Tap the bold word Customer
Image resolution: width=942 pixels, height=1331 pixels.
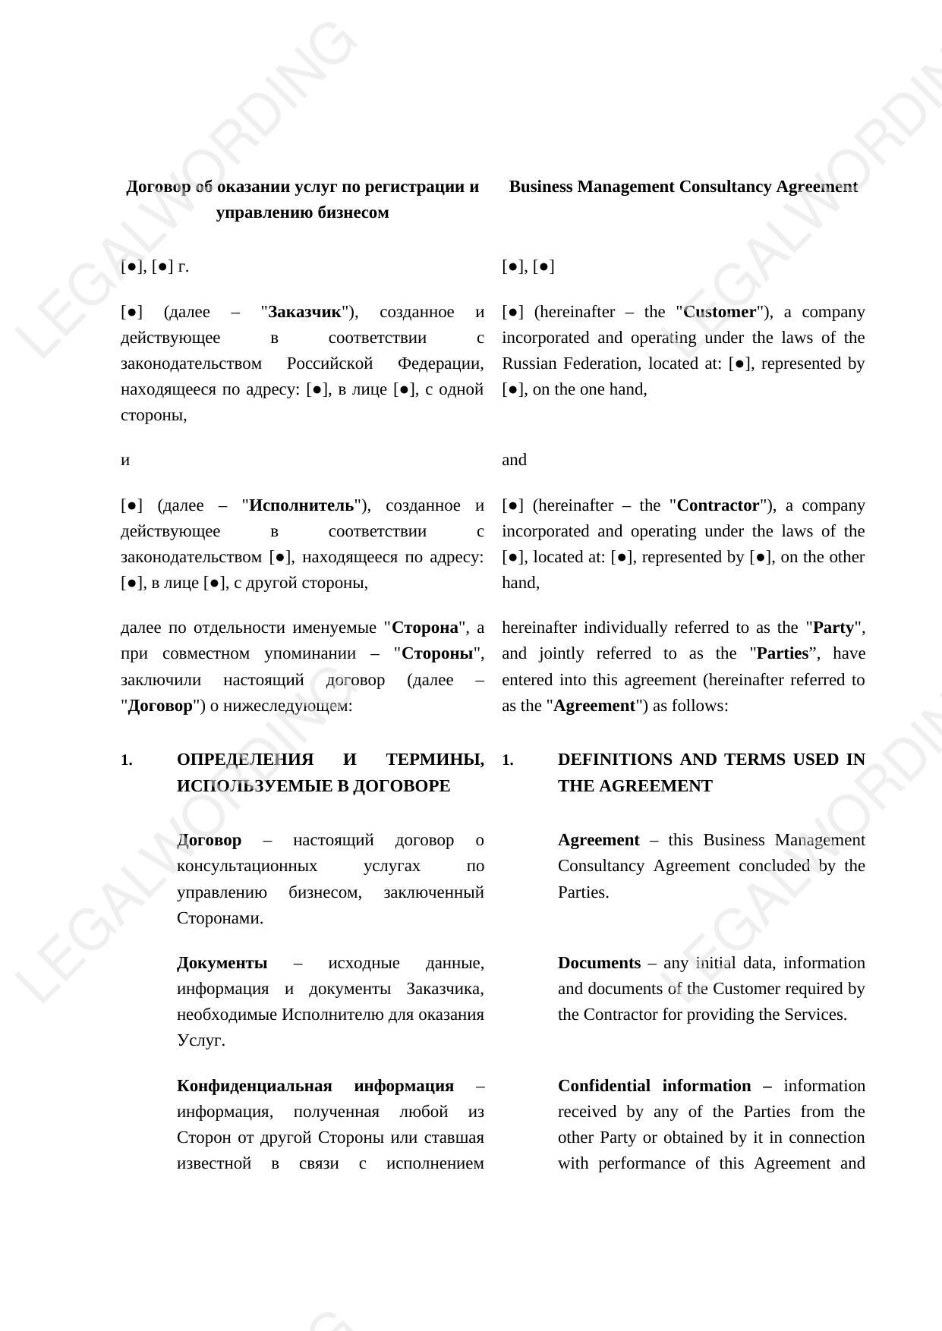(720, 312)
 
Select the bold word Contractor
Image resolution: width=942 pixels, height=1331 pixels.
(717, 505)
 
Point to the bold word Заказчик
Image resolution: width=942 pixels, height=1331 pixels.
(305, 312)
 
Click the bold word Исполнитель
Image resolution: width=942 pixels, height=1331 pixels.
(301, 505)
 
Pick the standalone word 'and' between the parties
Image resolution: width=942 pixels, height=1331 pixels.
(514, 460)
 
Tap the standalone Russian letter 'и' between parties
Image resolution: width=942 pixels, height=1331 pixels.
(125, 460)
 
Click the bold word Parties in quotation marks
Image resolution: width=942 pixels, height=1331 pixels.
(782, 653)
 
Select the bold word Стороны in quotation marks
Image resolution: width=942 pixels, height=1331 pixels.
(437, 653)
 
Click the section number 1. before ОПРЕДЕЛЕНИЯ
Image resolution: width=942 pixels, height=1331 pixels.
(127, 760)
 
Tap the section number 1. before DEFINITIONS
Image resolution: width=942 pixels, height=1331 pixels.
(508, 760)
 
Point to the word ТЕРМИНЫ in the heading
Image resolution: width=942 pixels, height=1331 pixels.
(435, 760)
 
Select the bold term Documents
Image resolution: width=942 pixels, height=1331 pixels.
(599, 963)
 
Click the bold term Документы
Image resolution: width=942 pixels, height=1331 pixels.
(222, 963)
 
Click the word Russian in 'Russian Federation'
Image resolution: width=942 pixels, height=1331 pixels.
(528, 363)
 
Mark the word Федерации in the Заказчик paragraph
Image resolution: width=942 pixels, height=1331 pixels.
(440, 363)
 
